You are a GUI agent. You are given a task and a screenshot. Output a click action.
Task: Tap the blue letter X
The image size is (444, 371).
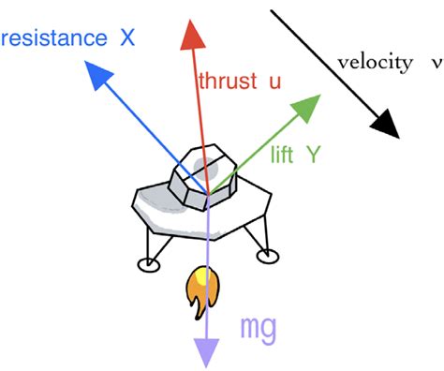point(127,38)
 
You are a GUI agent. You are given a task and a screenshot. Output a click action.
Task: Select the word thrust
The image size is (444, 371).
point(226,81)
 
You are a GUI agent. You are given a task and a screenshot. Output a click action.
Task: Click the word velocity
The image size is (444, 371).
point(374,63)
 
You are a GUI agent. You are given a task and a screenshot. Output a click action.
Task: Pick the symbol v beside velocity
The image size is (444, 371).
point(437,64)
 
